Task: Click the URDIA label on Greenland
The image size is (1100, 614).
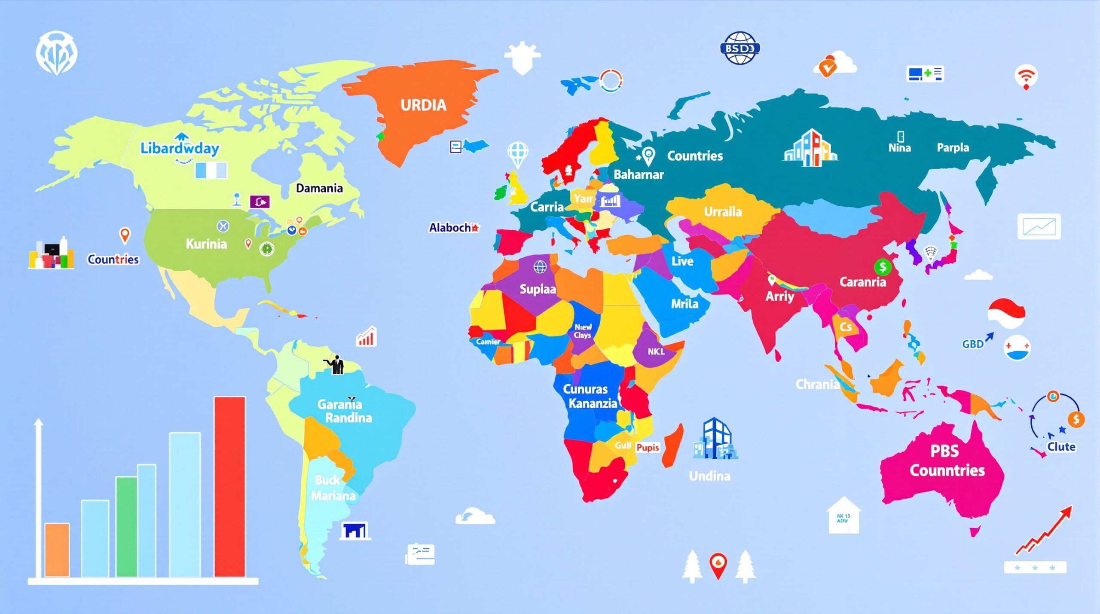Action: pos(423,105)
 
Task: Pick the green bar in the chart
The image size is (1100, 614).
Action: pos(126,526)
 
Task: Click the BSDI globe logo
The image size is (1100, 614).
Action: pos(739,48)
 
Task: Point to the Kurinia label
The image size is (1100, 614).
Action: pos(206,244)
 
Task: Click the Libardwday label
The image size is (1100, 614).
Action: pos(180,148)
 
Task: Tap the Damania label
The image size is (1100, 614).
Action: pos(319,188)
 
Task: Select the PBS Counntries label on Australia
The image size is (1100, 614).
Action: pos(947,461)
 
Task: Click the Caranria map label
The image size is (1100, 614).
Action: pos(862,282)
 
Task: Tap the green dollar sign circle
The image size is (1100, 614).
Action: pos(883,267)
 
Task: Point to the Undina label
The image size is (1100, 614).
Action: pos(709,476)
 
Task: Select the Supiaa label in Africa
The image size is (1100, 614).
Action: pos(538,289)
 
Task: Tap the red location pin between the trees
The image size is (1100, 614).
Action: pos(718,564)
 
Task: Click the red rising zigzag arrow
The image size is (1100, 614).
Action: pos(1044,531)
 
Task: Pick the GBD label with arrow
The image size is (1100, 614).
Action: pos(974,344)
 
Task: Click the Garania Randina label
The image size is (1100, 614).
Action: pos(344,411)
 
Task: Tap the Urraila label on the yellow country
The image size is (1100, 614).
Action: pos(723,212)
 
